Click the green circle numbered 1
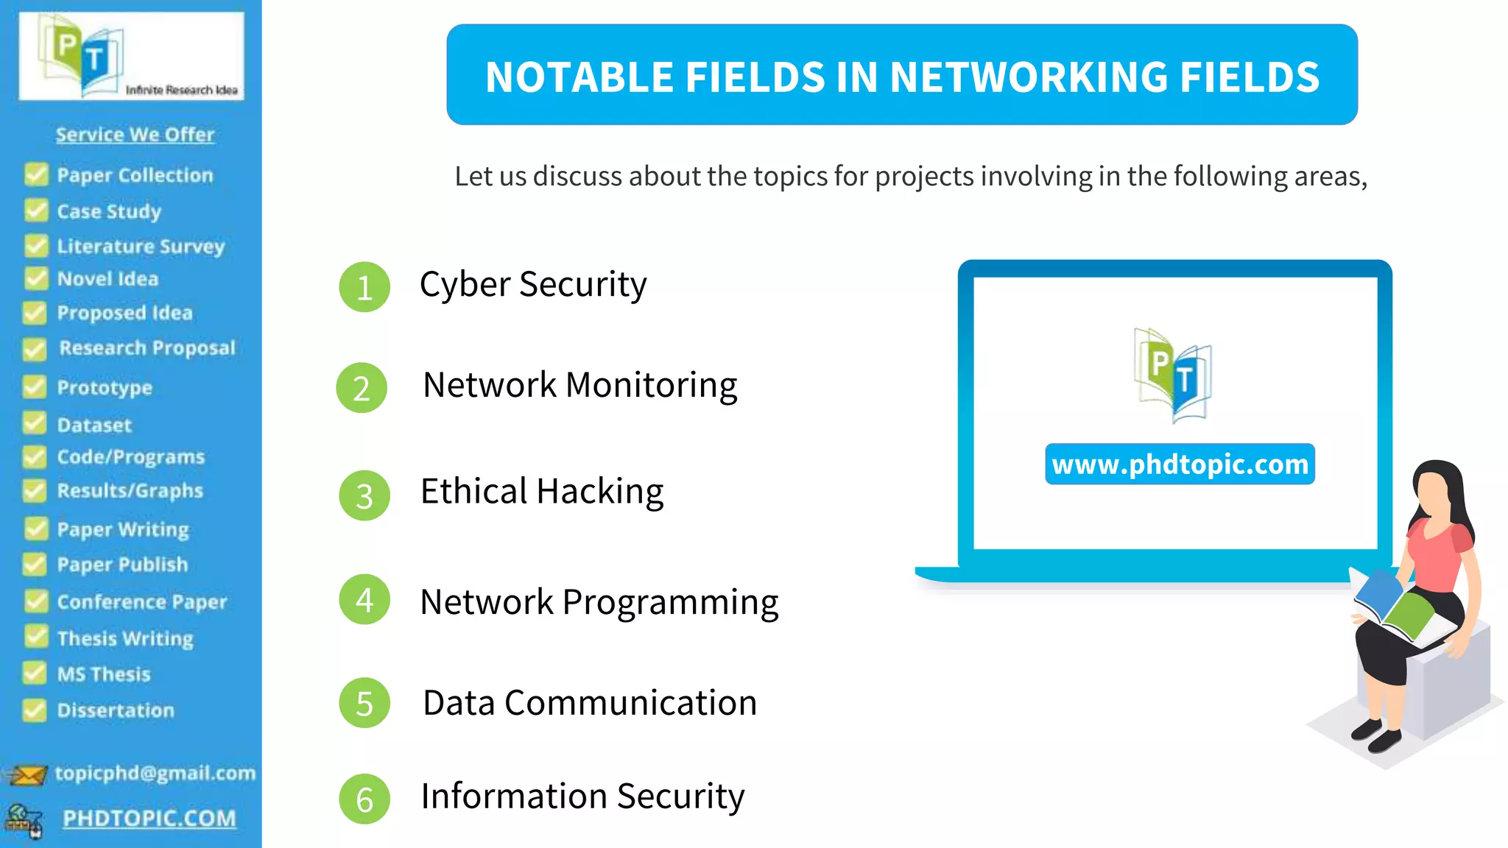(364, 287)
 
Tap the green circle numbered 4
(364, 600)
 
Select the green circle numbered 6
(364, 799)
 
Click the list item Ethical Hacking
(542, 492)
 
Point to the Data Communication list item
(590, 703)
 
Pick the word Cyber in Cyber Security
(465, 285)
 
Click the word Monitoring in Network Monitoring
(651, 386)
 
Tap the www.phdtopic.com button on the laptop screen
(1180, 464)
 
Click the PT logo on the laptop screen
(1172, 375)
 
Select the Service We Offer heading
(135, 135)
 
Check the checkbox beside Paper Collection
(35, 174)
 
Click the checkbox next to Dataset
(35, 424)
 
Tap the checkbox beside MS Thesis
(35, 673)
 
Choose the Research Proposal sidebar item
(147, 348)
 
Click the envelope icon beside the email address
(27, 775)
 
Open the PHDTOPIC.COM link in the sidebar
(149, 819)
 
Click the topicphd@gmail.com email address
(155, 773)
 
